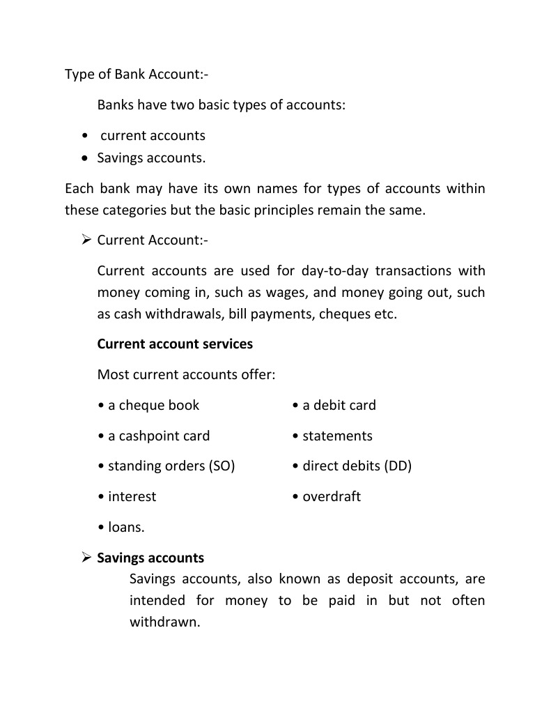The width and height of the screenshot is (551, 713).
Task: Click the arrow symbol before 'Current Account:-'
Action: click(x=86, y=240)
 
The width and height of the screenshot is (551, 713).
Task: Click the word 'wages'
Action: click(x=300, y=292)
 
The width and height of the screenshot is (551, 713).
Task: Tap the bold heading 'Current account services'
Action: click(x=175, y=344)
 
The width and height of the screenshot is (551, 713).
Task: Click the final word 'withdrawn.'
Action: click(x=164, y=622)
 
